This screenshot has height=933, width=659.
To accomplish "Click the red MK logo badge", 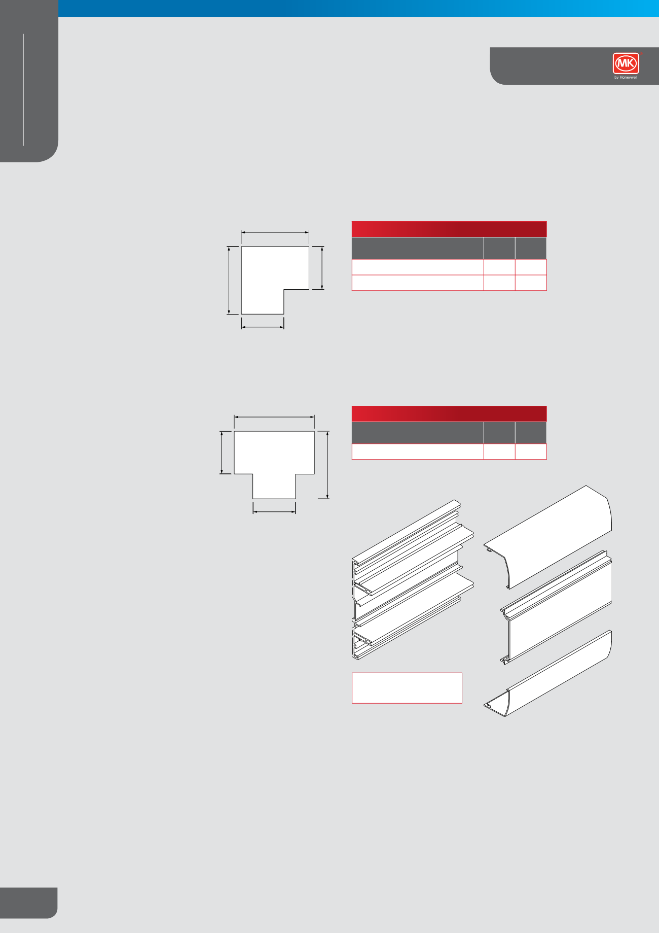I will tap(626, 63).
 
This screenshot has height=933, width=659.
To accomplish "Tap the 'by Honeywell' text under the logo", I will tap(626, 78).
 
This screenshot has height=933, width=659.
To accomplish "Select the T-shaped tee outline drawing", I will tap(274, 457).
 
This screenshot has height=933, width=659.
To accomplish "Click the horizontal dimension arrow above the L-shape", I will tap(275, 233).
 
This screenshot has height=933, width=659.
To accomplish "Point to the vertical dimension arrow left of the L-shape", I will tap(230, 280).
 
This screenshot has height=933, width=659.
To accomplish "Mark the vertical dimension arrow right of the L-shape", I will tap(322, 268).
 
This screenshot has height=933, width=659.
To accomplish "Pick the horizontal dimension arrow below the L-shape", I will tap(263, 327).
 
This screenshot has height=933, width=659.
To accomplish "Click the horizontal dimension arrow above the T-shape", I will tap(274, 418).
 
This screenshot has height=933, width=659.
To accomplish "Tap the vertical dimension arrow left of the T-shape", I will tap(222, 453).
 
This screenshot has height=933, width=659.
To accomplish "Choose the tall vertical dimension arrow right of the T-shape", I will tap(327, 465).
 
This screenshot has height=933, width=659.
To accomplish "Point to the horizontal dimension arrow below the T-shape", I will tap(274, 511).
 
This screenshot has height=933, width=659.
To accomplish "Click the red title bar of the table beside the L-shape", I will tap(449, 229).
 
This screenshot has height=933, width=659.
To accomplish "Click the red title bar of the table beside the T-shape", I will tap(449, 413).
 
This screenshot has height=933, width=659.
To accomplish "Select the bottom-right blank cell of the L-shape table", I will tap(531, 283).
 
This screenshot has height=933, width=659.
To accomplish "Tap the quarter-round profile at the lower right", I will tap(550, 677).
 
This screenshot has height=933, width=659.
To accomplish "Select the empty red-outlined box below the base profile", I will tap(407, 688).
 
